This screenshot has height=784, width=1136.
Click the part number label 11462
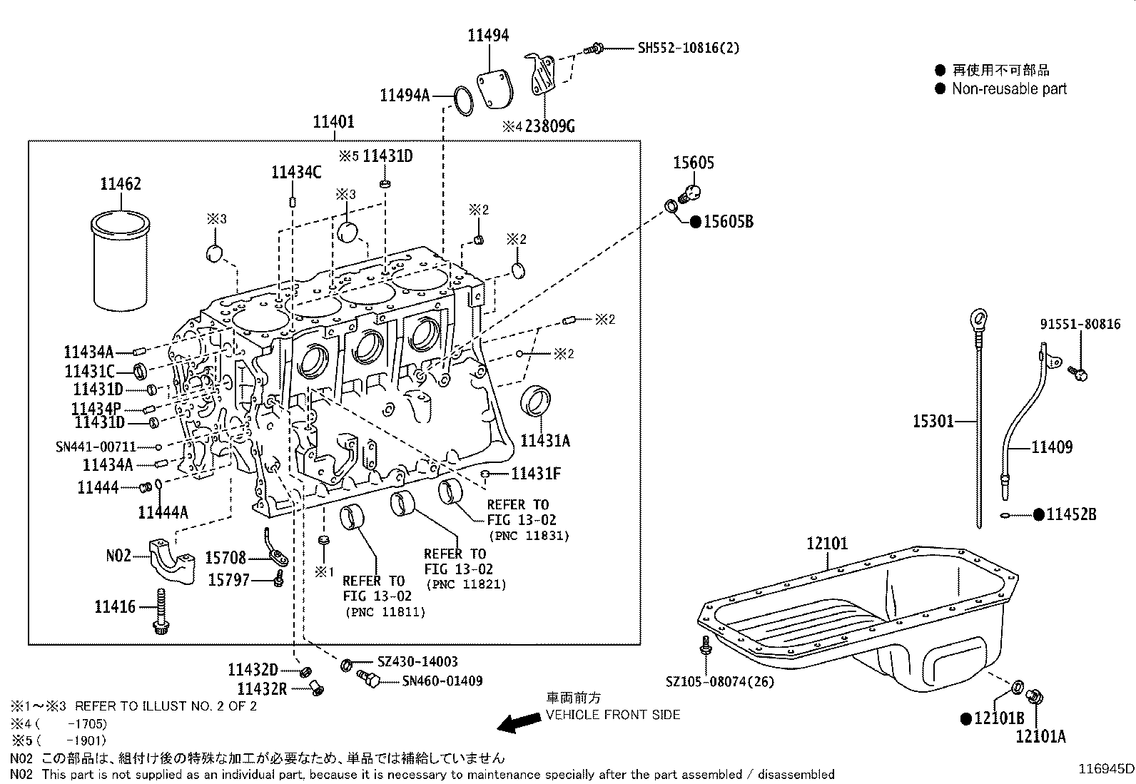(120, 183)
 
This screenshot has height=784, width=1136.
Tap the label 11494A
(405, 95)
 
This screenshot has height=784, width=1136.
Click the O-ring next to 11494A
(464, 101)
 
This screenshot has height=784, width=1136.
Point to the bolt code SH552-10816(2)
(688, 48)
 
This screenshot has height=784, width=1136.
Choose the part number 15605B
(728, 222)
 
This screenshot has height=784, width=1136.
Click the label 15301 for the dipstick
(933, 422)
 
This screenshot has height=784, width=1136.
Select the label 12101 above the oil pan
(827, 544)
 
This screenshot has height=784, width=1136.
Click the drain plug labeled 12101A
(1033, 697)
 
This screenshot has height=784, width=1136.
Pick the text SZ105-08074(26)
(720, 681)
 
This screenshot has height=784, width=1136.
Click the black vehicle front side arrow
(519, 723)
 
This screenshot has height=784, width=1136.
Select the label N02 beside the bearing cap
(118, 554)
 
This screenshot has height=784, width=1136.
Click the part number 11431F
(535, 474)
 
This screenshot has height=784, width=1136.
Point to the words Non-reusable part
(1009, 89)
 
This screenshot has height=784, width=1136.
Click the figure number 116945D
(1105, 768)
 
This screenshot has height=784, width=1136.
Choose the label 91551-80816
(1080, 324)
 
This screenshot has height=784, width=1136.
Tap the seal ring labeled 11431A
(536, 402)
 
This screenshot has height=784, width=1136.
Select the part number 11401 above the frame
(333, 122)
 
